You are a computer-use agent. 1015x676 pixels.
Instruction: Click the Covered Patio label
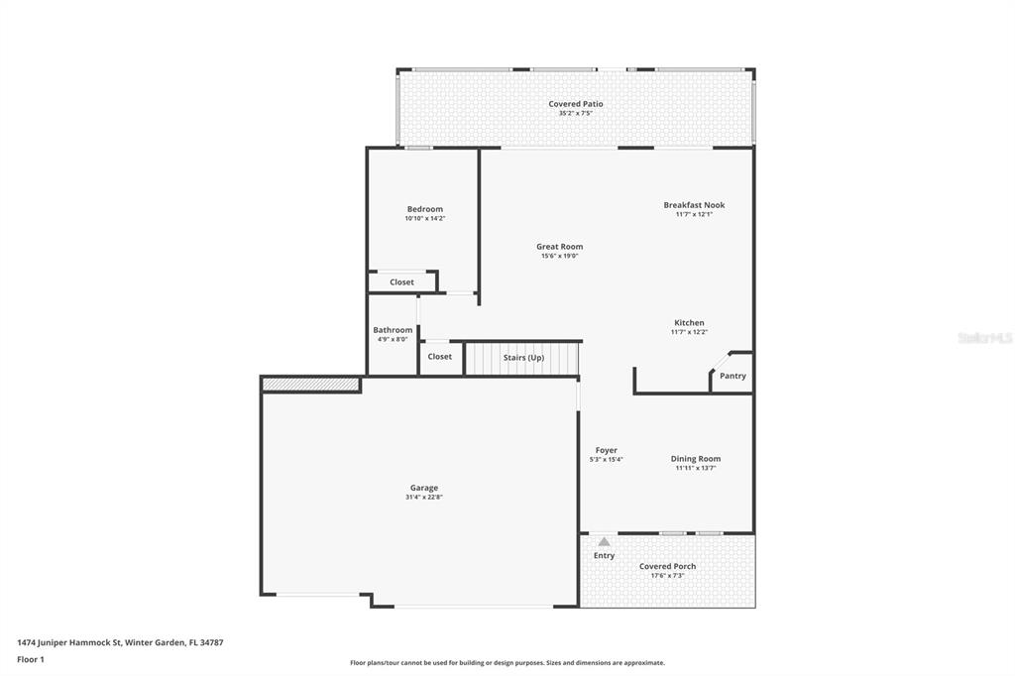[x=576, y=104]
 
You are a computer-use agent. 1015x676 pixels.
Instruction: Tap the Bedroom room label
[x=425, y=209]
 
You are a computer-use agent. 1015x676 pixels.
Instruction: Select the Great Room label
[x=559, y=247]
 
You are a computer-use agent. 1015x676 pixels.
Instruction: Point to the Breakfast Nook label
[x=694, y=205]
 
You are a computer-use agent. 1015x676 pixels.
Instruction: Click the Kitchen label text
[x=690, y=322]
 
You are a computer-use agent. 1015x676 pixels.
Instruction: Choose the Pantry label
[x=733, y=376]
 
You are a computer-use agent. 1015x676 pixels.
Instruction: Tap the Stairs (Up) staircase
[x=521, y=358]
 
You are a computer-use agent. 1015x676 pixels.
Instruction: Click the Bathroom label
[x=393, y=330]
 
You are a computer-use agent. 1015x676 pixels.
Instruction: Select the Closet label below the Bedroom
[x=402, y=282]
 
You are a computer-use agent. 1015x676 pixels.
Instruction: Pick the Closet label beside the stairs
[x=439, y=357]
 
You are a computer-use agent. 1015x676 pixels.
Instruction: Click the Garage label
[x=424, y=489]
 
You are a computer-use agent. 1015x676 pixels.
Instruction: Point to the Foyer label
[x=607, y=451]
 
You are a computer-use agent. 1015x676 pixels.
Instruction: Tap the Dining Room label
[x=696, y=459]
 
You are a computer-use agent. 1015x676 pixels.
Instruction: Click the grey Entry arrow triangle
[x=604, y=542]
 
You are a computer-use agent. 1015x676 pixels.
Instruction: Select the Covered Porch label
[x=667, y=567]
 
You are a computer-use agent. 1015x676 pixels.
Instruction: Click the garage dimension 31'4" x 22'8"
[x=424, y=498]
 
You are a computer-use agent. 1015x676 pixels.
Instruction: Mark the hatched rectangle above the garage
[x=310, y=385]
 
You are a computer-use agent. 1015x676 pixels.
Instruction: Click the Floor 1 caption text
[x=31, y=660]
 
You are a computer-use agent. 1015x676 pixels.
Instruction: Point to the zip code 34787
[x=212, y=643]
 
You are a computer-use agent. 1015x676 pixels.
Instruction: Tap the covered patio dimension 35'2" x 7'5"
[x=576, y=113]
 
